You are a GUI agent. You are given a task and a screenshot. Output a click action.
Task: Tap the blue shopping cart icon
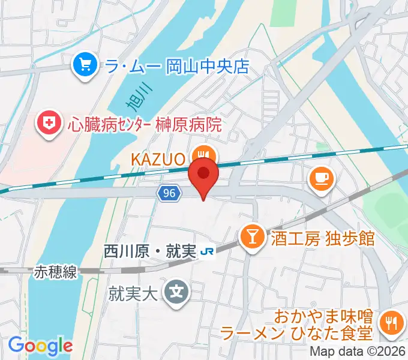click(x=85, y=65)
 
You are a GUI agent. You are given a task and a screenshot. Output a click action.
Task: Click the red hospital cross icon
click(x=49, y=125)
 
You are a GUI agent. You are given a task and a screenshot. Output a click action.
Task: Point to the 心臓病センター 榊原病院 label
click(x=145, y=125)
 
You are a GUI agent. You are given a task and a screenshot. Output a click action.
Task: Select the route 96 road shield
click(x=169, y=193)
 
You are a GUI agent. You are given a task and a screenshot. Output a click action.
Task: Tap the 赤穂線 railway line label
click(x=53, y=272)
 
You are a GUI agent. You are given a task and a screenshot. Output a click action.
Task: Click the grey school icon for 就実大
click(x=178, y=293)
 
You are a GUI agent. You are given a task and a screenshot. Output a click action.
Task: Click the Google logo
click(x=40, y=346)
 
